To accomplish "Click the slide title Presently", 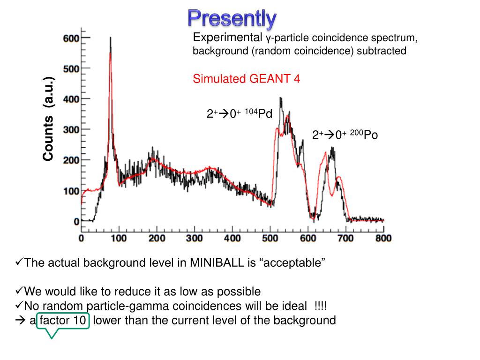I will coord(232,18).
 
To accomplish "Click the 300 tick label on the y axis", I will coord(71,129).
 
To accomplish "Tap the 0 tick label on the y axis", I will coord(76,221).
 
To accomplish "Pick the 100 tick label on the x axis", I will coord(119,239).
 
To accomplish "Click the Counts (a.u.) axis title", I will coord(49,119).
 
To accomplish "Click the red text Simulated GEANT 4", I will coord(246,79).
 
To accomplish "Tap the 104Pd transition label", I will coord(240,114).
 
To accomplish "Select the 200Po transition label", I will coord(345,135).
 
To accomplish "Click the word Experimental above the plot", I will coord(227,37).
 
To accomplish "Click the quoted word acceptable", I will coord(290,263).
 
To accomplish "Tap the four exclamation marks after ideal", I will coord(321,306).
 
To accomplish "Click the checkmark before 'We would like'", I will coord(19,291).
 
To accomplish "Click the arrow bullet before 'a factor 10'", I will coord(20,321).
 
